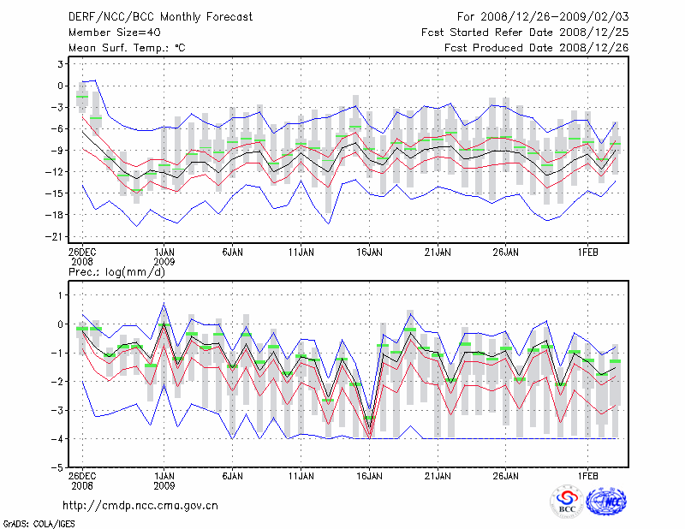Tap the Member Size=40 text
point(110,33)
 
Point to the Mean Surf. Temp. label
point(127,48)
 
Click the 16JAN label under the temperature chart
point(369,253)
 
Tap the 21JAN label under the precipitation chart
point(438,474)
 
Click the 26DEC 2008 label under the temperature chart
point(82,258)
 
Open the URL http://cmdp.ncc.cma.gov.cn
point(140,505)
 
